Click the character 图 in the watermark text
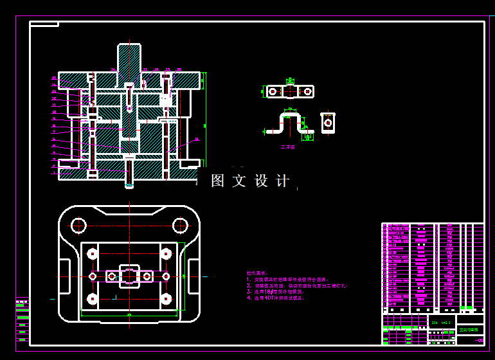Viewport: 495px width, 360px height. tap(218, 181)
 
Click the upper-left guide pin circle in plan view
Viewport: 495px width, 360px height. tap(79, 226)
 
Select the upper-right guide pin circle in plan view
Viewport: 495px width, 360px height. tap(179, 226)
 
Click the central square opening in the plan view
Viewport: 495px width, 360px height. tap(129, 276)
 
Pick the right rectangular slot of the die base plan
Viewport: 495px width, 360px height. tap(194, 276)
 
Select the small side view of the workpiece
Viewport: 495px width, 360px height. tap(328, 122)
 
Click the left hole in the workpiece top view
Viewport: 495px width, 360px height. tap(274, 92)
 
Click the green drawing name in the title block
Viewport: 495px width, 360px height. tap(469, 329)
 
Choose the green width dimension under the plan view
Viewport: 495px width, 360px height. tap(129, 314)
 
